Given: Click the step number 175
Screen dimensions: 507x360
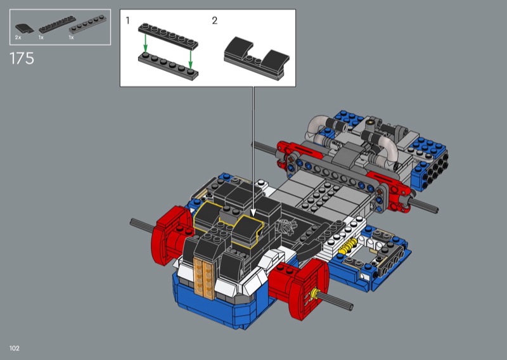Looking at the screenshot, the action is [x=22, y=58].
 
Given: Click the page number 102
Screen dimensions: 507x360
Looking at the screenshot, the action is [x=15, y=348].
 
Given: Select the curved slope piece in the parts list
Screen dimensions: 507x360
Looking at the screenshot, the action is [x=24, y=29].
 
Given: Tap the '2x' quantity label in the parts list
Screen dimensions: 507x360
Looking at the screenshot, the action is [x=18, y=37].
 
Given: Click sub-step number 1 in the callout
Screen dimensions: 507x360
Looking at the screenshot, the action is [x=128, y=21].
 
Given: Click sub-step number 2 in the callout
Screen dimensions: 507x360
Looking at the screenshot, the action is [x=215, y=21].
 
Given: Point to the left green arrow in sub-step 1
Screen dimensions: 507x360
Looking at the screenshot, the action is [x=146, y=43].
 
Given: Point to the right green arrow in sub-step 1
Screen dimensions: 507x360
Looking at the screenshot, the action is [x=191, y=59].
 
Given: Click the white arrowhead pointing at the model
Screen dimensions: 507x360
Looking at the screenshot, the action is [x=253, y=212].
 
